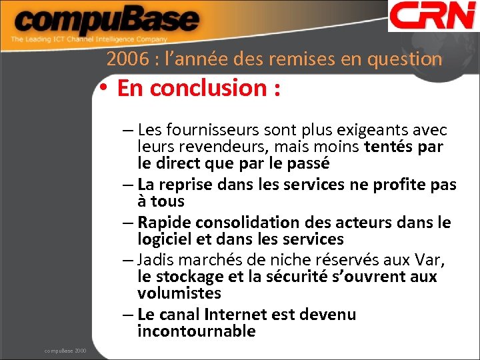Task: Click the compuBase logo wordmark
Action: (x=106, y=21)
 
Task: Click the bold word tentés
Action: (x=391, y=146)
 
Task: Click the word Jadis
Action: (x=158, y=260)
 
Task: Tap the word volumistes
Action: (x=179, y=293)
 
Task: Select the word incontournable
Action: (x=197, y=331)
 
